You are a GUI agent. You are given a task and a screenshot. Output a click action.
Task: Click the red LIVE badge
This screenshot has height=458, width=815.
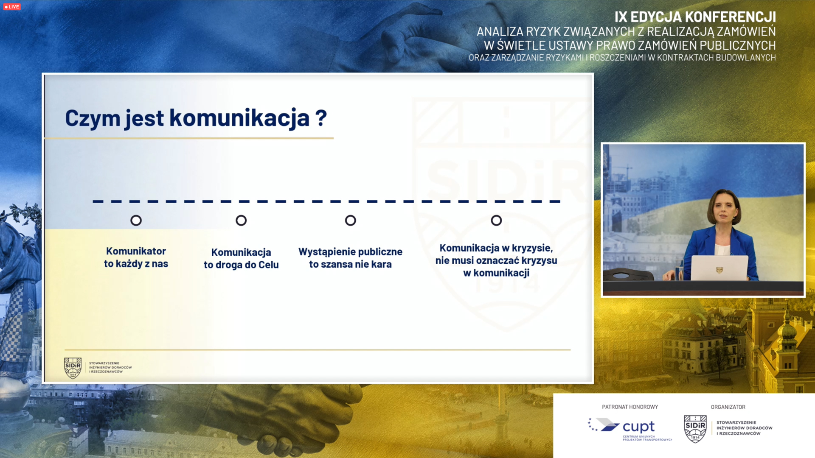tap(12, 7)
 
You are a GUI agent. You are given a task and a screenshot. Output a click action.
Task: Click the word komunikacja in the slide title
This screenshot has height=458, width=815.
tap(239, 118)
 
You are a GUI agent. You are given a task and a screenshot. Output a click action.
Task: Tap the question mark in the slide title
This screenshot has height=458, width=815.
tap(321, 118)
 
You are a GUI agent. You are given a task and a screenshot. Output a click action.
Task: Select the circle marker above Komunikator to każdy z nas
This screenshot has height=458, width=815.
tap(136, 221)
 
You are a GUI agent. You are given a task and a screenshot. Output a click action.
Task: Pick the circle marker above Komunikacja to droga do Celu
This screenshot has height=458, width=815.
tap(241, 221)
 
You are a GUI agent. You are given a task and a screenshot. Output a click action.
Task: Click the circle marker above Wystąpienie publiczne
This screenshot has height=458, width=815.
tap(351, 221)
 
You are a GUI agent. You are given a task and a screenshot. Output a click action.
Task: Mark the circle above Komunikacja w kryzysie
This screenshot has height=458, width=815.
tap(496, 221)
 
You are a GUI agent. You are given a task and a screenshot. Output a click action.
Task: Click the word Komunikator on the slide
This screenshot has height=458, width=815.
tap(136, 251)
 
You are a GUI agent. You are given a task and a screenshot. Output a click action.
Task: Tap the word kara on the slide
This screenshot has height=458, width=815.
tap(381, 264)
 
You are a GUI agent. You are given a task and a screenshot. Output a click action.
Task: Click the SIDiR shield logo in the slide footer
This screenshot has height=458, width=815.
tap(73, 368)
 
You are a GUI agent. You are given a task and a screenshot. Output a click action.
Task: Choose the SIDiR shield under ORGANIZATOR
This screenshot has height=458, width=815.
tap(695, 429)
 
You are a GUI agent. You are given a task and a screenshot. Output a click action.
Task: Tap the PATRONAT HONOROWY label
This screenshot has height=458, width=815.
tap(630, 407)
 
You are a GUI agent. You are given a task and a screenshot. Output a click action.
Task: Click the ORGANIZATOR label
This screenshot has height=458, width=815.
tap(728, 407)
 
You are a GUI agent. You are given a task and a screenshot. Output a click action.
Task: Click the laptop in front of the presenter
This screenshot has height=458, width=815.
tap(719, 268)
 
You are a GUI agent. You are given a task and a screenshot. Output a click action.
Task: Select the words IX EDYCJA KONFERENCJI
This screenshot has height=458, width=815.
tap(695, 17)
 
